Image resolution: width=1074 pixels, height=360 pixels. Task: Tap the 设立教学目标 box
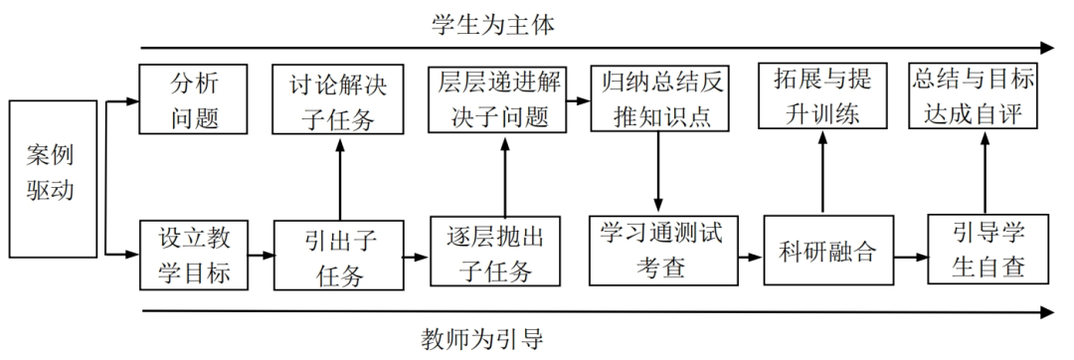click(x=192, y=255)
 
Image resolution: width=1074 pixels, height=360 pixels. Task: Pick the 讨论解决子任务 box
click(x=340, y=100)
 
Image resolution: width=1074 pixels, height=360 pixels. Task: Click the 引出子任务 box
click(x=340, y=256)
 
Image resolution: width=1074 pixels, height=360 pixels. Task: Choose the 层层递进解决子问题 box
click(x=494, y=100)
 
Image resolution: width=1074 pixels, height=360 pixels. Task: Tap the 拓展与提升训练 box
click(x=820, y=96)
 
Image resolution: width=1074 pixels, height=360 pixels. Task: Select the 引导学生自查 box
click(x=984, y=252)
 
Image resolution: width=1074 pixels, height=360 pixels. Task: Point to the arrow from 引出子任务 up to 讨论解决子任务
click(x=340, y=179)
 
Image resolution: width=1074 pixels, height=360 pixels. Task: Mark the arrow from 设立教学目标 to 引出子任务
click(x=260, y=256)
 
